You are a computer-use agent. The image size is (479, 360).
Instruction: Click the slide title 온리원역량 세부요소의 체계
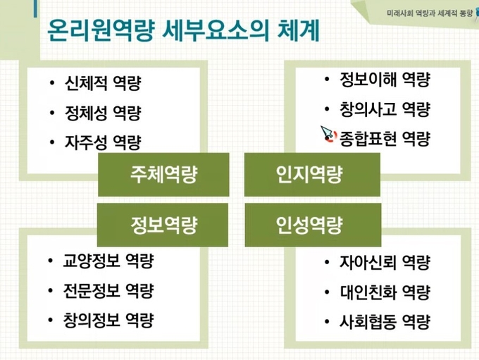tap(184, 30)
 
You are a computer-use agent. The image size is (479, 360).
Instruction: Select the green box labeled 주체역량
tap(163, 175)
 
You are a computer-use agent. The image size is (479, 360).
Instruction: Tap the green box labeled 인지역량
tap(312, 175)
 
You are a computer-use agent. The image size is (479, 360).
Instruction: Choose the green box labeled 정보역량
tap(163, 225)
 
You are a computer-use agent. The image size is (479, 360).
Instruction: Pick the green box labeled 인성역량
tap(313, 225)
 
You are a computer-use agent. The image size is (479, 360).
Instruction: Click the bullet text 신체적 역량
tap(103, 83)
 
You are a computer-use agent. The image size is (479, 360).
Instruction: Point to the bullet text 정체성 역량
tap(103, 113)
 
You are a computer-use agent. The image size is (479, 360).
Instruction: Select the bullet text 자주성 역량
tap(103, 142)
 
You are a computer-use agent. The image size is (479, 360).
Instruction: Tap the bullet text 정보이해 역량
tap(385, 80)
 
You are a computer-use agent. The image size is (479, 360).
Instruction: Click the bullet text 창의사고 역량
tap(385, 109)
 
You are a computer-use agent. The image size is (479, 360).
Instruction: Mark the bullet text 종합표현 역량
tap(385, 139)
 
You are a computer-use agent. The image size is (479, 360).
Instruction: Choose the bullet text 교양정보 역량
tap(108, 261)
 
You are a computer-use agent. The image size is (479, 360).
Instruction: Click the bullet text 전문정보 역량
tap(108, 291)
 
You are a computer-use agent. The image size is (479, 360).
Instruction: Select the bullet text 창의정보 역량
tap(108, 320)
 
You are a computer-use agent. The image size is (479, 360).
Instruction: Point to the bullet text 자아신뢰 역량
tap(385, 263)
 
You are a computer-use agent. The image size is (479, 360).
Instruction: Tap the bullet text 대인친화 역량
tap(385, 292)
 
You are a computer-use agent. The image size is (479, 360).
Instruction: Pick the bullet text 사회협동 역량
tap(385, 322)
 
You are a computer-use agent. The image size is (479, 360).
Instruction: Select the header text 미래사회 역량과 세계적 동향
tap(429, 13)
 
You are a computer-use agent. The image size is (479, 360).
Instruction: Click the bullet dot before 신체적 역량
tap(52, 83)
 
